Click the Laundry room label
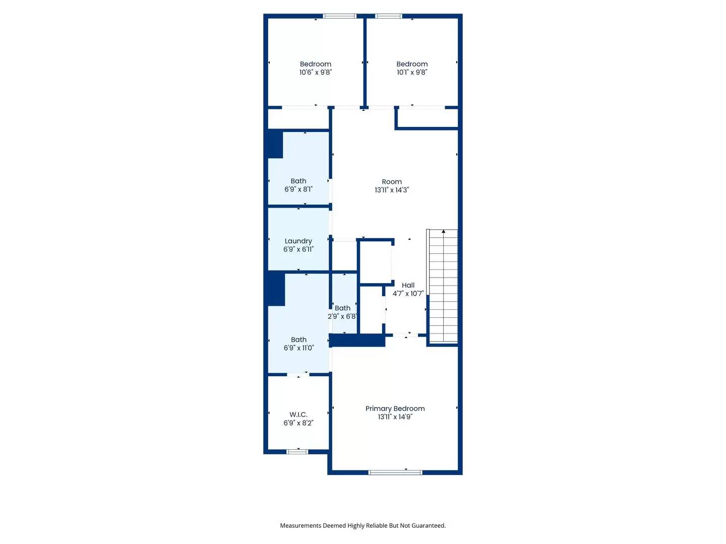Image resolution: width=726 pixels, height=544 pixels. [x=298, y=241]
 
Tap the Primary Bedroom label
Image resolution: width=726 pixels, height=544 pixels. [x=395, y=409]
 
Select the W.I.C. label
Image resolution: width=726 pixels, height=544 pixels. [x=298, y=415]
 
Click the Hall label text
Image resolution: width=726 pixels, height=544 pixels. [x=408, y=285]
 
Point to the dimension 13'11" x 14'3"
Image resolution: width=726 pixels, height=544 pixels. [x=392, y=190]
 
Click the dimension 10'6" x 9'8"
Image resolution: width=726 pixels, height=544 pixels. [x=316, y=72]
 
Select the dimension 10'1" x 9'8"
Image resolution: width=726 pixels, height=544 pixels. [x=412, y=72]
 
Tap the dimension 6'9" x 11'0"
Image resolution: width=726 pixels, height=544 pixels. [x=298, y=348]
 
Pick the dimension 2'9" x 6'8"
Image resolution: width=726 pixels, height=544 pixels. [x=342, y=316]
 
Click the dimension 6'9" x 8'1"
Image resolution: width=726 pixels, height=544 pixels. [x=298, y=189]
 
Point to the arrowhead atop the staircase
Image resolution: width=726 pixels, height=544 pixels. [x=444, y=232]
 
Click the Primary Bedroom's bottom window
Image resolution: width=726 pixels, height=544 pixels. [x=395, y=472]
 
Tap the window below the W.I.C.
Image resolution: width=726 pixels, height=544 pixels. [x=297, y=452]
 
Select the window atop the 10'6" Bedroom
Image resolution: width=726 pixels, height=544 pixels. [x=340, y=16]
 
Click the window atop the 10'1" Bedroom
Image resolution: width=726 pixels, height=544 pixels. [x=389, y=16]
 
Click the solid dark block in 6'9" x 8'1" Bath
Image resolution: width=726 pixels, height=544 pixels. [x=275, y=145]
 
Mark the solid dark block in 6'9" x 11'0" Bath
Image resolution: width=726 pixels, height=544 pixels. [x=276, y=289]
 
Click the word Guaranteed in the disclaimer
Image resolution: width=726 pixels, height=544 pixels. [x=429, y=525]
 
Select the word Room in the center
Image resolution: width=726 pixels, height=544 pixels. [x=392, y=182]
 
